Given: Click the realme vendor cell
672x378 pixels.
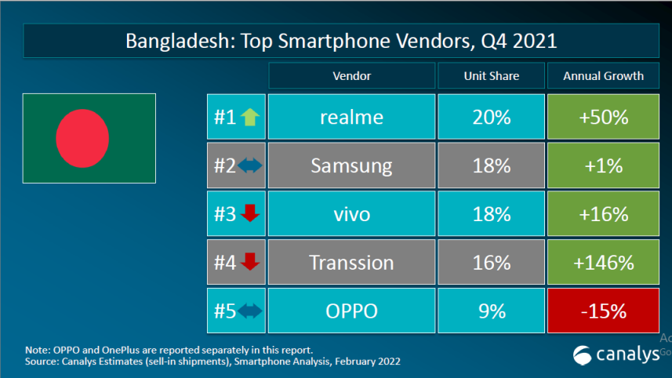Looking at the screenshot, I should [351, 117].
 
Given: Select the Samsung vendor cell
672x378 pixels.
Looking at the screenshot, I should [351, 165].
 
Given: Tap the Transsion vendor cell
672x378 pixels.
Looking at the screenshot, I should [351, 262].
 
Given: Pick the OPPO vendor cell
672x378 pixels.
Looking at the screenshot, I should [351, 311].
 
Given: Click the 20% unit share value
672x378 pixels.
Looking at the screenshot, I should [492, 117].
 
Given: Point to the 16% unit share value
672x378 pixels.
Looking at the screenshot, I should [492, 262].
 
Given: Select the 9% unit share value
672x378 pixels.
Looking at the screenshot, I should [492, 311].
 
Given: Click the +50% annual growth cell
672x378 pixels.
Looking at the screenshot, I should [603, 117].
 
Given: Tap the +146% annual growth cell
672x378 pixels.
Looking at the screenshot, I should [603, 262].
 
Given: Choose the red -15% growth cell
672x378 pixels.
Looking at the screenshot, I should [603, 311].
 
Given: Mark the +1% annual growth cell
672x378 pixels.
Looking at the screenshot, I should [603, 165].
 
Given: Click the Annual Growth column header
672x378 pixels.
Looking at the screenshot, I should [603, 76].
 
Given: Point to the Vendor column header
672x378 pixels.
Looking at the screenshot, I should [351, 76].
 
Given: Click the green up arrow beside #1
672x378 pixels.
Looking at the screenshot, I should [249, 118].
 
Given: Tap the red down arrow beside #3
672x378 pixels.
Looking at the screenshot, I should [249, 214].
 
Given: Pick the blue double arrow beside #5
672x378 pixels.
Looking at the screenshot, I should [249, 311].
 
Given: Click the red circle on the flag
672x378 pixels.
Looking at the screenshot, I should [82, 138].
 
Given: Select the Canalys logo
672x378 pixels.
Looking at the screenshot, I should [616, 355].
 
